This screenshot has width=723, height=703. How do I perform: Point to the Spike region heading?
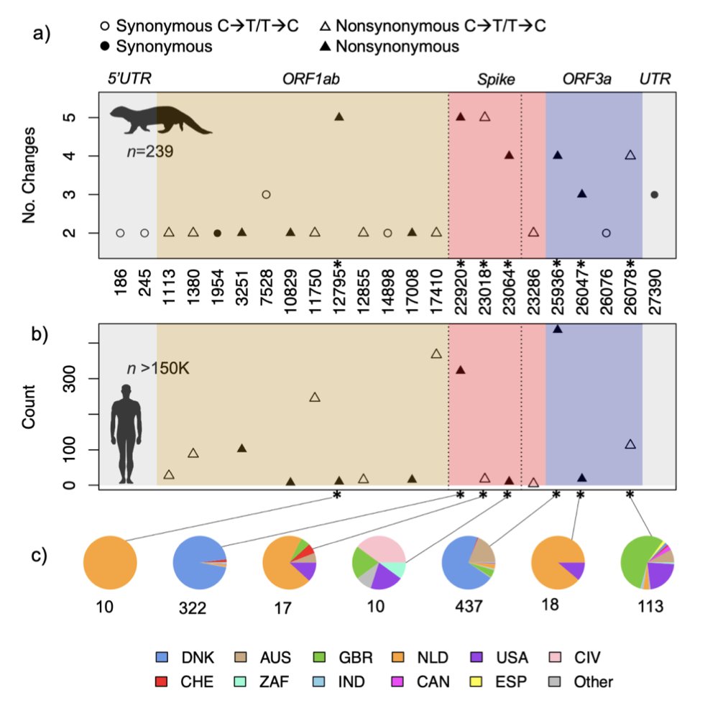[x=497, y=79]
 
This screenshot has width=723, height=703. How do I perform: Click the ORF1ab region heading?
[x=310, y=79]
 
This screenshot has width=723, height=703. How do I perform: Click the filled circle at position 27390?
[x=654, y=194]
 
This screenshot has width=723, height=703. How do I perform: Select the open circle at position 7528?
[x=266, y=194]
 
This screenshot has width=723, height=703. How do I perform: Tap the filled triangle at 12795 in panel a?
[x=339, y=116]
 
